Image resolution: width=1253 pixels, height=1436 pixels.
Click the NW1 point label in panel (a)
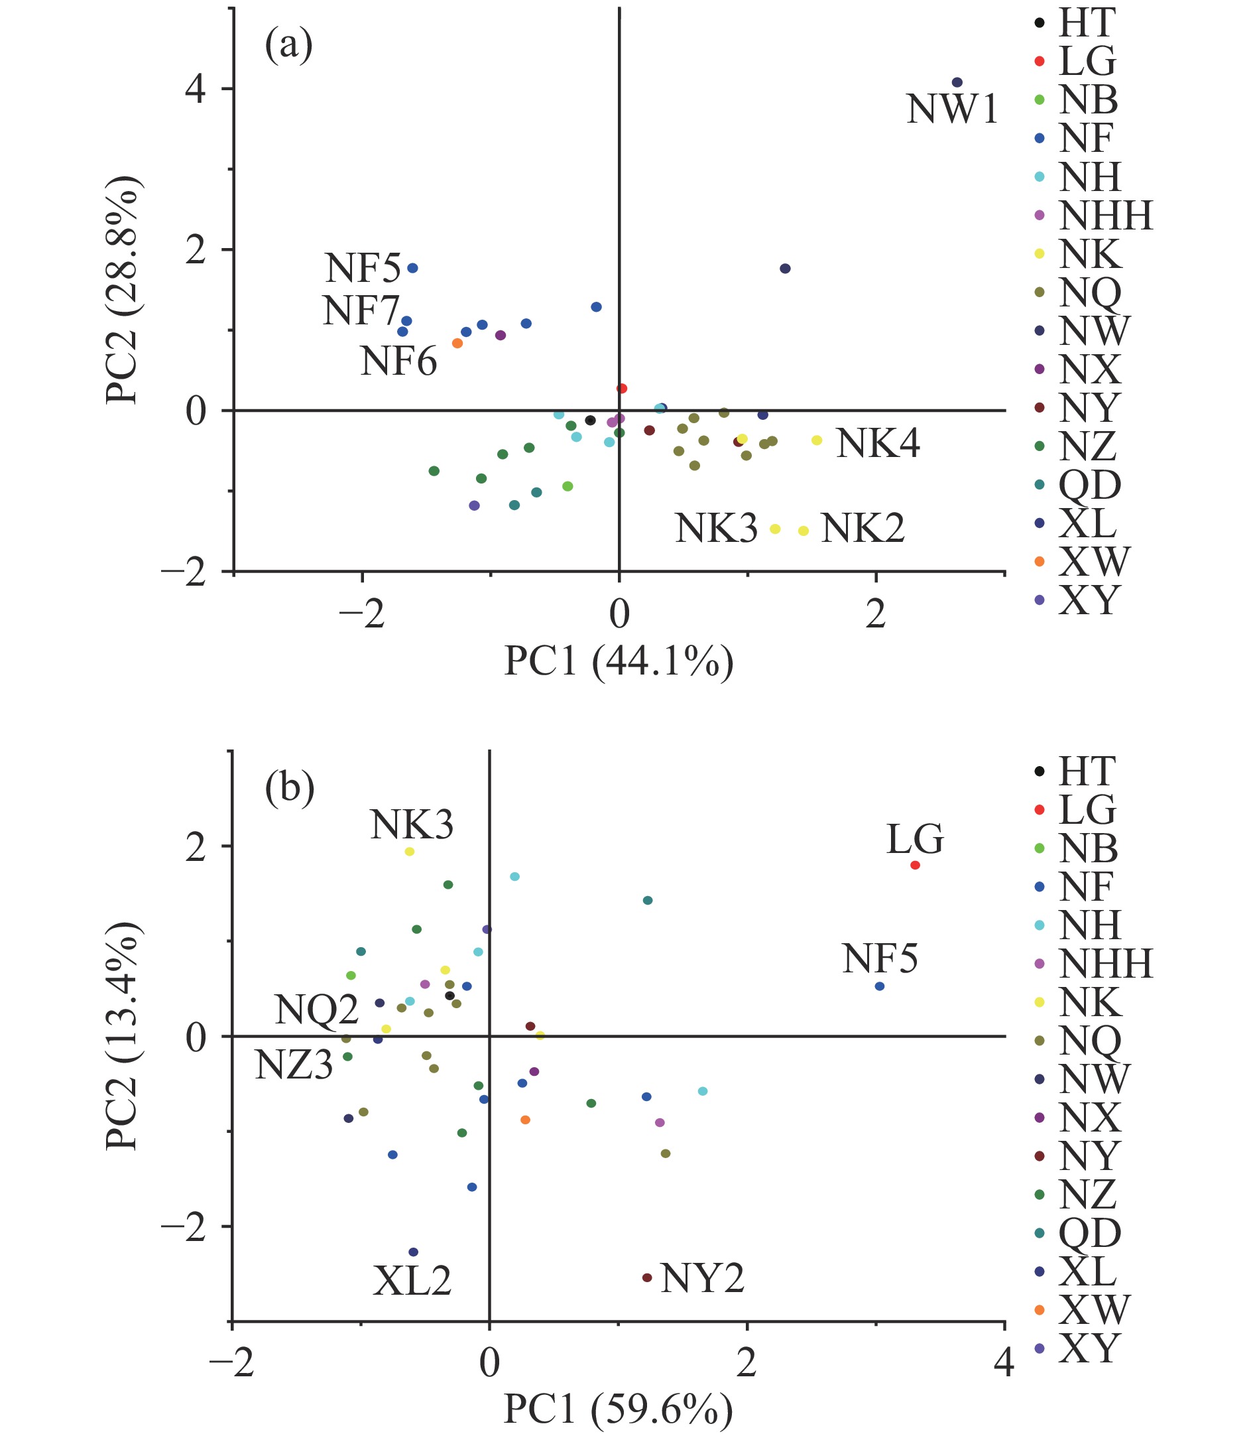[x=952, y=111]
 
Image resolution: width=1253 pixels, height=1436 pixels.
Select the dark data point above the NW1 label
[x=957, y=82]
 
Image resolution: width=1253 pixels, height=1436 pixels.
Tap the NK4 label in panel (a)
[x=878, y=444]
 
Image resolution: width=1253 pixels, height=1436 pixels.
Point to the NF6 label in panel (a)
[x=398, y=362]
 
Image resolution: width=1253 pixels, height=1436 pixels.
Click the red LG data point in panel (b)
[x=915, y=865]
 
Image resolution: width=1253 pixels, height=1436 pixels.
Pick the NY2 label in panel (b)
[x=702, y=1279]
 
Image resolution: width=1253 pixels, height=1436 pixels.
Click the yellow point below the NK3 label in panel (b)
[x=410, y=852]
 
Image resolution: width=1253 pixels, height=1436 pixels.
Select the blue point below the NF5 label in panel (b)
[x=880, y=986]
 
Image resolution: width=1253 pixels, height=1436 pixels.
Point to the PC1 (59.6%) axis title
[x=619, y=1409]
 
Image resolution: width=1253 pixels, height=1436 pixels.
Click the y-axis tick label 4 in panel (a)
[x=195, y=90]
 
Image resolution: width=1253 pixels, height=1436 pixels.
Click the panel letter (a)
[x=288, y=48]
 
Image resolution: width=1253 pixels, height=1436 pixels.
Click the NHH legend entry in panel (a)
[x=1104, y=216]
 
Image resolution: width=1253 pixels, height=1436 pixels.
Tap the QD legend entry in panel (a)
[x=1089, y=484]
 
